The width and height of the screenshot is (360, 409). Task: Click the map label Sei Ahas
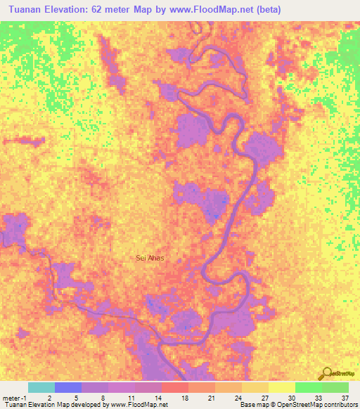(x=150, y=258)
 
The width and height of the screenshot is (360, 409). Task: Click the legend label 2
(x=49, y=397)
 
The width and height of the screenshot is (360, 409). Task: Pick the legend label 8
(x=103, y=397)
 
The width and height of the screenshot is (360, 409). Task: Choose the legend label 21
(x=212, y=397)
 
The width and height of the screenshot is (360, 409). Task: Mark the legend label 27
(x=266, y=397)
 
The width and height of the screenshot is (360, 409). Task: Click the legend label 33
(x=319, y=397)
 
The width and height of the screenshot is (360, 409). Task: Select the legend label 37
(x=345, y=397)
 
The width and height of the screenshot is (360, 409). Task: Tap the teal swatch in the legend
(x=41, y=387)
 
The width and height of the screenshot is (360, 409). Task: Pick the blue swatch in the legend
(x=68, y=387)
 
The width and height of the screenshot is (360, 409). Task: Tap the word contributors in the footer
(x=340, y=405)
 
